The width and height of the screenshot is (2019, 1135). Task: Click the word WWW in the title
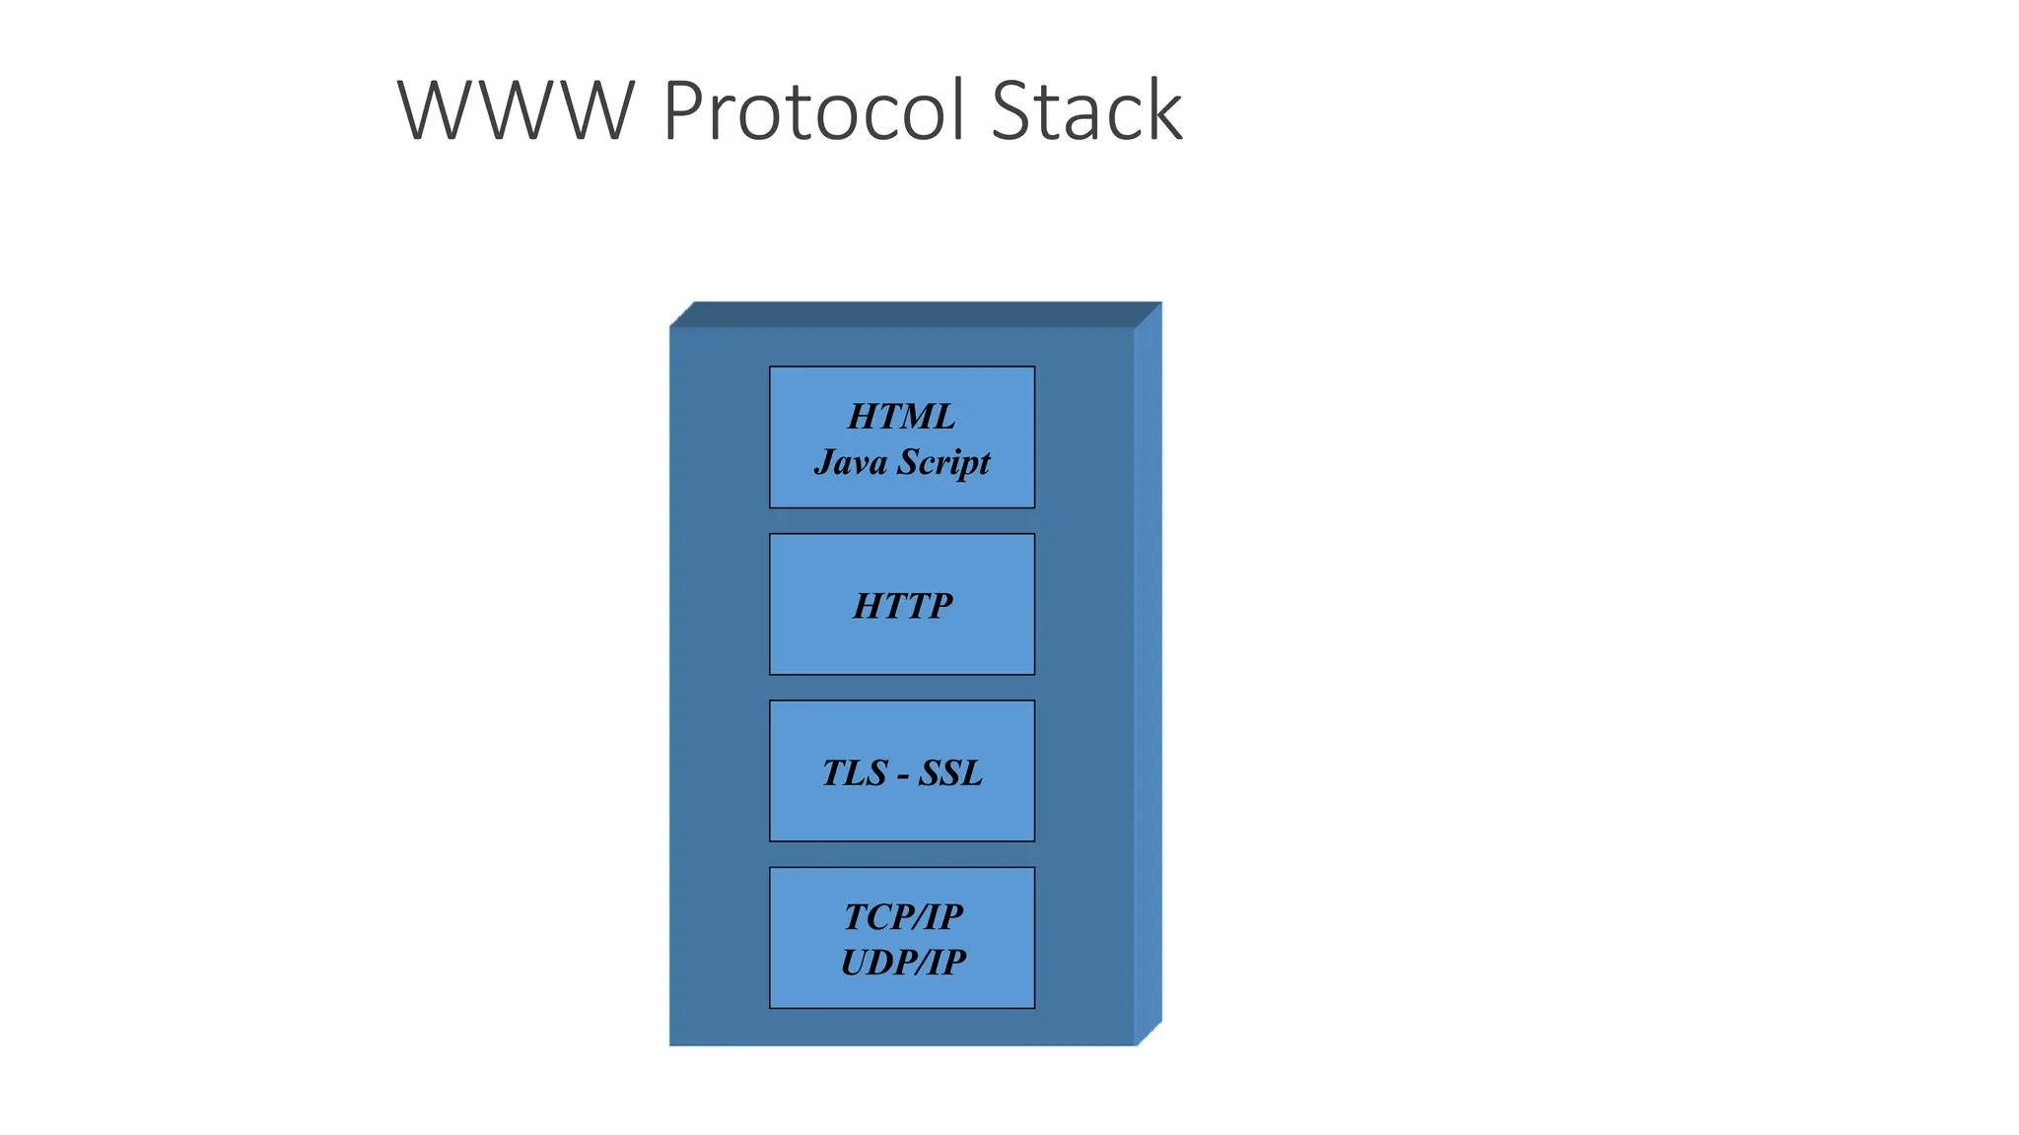515,110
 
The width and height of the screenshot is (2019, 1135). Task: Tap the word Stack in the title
1085,110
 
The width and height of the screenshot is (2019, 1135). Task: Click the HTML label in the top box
901,417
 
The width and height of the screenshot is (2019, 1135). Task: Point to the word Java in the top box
850,462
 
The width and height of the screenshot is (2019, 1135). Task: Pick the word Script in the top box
944,462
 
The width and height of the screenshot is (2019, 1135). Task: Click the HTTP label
902,605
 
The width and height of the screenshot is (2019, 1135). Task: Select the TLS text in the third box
855,772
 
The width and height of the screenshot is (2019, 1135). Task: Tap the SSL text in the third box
950,772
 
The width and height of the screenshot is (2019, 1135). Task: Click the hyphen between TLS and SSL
903,775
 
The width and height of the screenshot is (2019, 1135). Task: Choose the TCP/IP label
903,916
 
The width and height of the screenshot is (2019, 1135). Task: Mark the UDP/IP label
903,962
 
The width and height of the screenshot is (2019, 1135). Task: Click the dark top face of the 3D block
915,314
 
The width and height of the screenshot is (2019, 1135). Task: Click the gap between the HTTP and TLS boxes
902,688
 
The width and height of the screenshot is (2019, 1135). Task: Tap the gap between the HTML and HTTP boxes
902,521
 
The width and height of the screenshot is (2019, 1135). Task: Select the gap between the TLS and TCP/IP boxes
902,854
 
